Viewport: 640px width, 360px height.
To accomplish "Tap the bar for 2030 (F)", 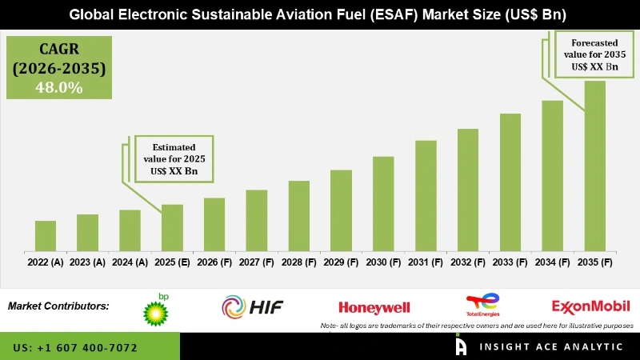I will click(383, 203).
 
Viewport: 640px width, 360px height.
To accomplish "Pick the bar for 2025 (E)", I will click(172, 227).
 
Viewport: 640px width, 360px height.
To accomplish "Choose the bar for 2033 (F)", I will click(510, 182).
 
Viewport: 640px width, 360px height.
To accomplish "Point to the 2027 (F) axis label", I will click(256, 262).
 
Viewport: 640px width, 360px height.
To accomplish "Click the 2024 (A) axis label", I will click(130, 262).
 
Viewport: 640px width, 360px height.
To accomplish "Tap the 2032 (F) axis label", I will click(468, 262).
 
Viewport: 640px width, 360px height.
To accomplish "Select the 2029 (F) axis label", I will click(341, 262).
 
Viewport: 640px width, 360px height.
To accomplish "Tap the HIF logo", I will click(252, 306).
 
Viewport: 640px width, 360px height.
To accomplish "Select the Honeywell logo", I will click(374, 307).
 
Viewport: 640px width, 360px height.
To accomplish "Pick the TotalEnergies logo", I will click(482, 306).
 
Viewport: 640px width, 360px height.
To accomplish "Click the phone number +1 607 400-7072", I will click(75, 348).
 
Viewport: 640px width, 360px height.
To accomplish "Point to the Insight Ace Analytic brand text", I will click(552, 346).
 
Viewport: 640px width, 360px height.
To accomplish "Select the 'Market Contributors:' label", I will click(58, 306).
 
